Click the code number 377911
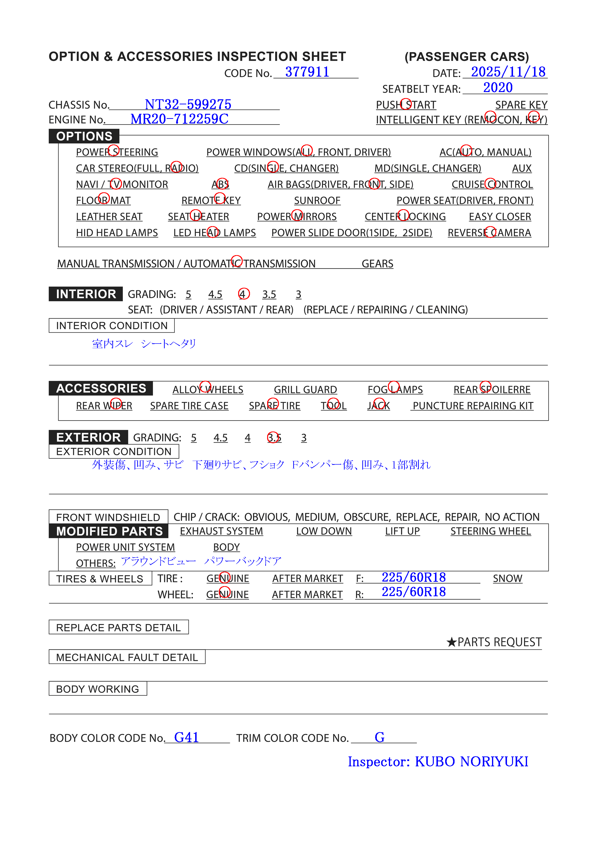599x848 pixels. click(x=307, y=72)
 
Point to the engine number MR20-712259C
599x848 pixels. click(x=179, y=119)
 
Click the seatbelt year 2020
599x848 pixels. click(x=498, y=87)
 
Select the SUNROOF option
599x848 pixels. click(x=317, y=201)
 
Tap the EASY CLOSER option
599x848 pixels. click(x=500, y=217)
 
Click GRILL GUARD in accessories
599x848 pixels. click(x=305, y=390)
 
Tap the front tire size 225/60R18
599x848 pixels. click(x=414, y=577)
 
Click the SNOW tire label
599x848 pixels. click(x=507, y=578)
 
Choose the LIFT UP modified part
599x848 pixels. click(x=402, y=531)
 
